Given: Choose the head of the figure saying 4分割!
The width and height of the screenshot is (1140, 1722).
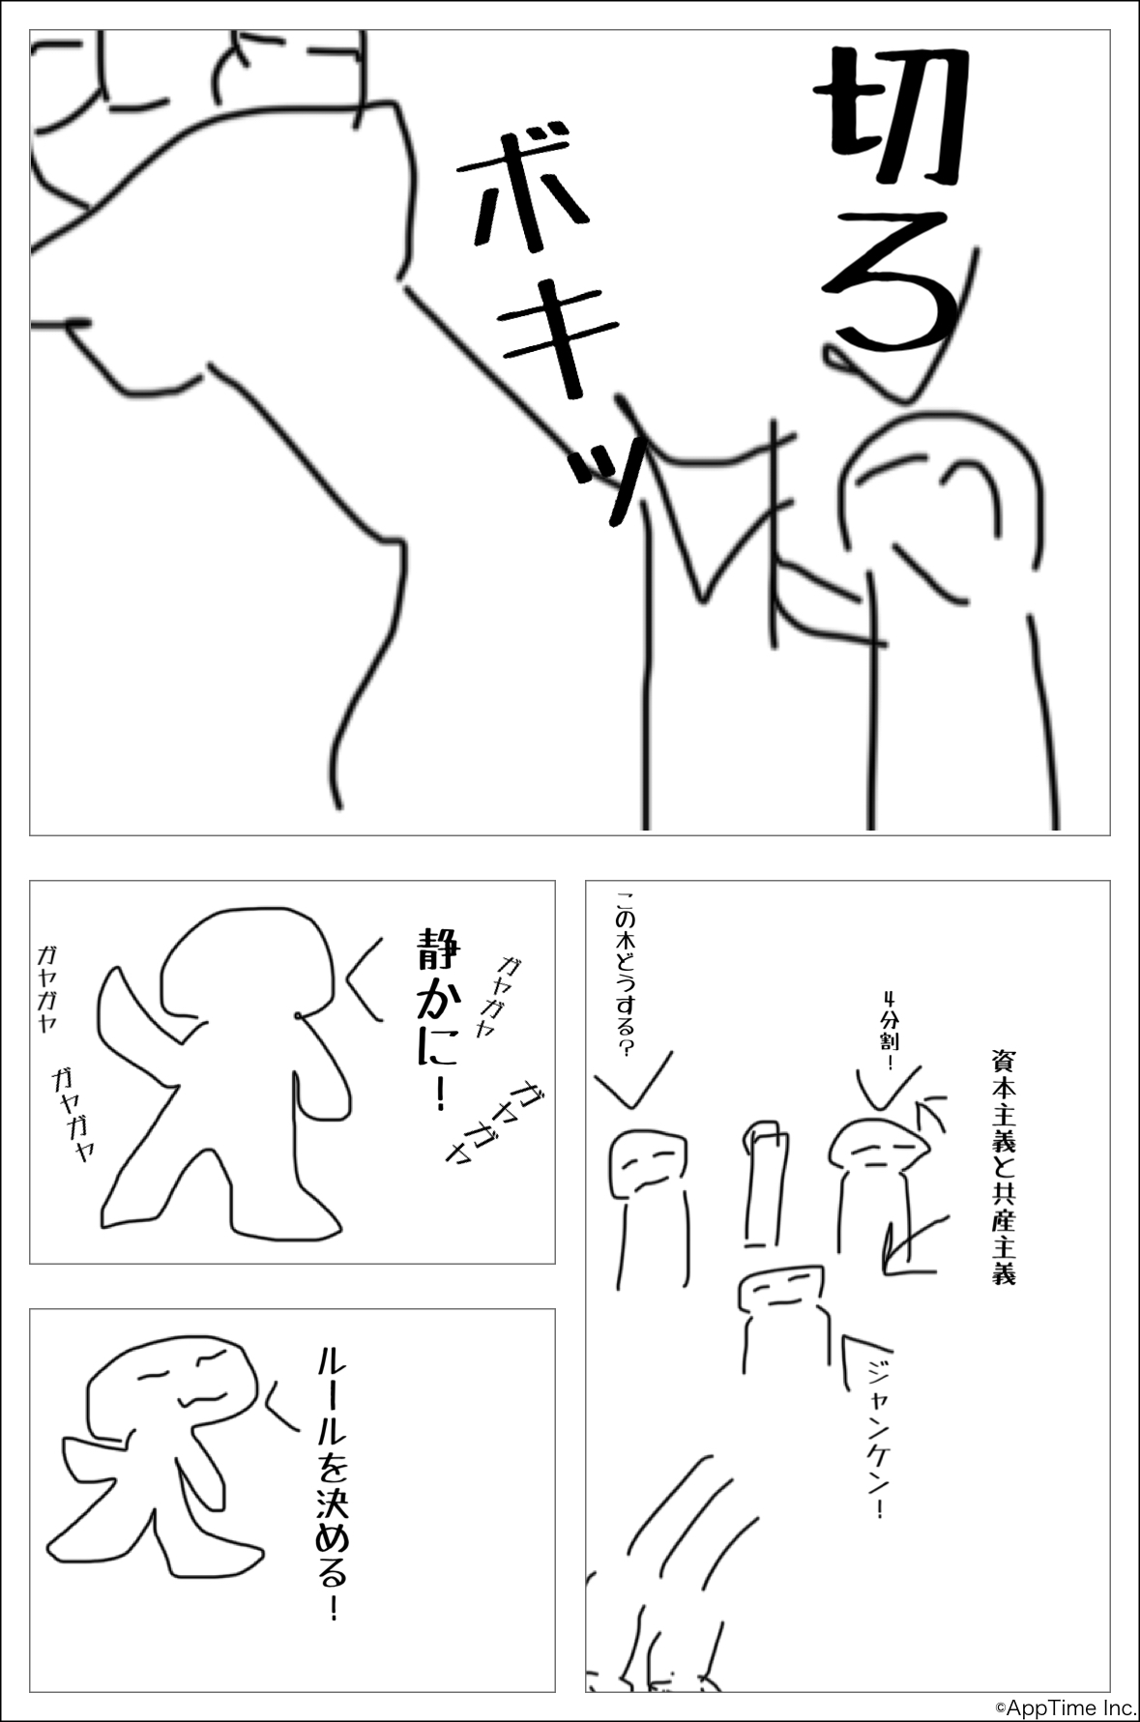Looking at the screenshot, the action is point(880,1145).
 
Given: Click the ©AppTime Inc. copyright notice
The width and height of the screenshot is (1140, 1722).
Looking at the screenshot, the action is point(1065,1707).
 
